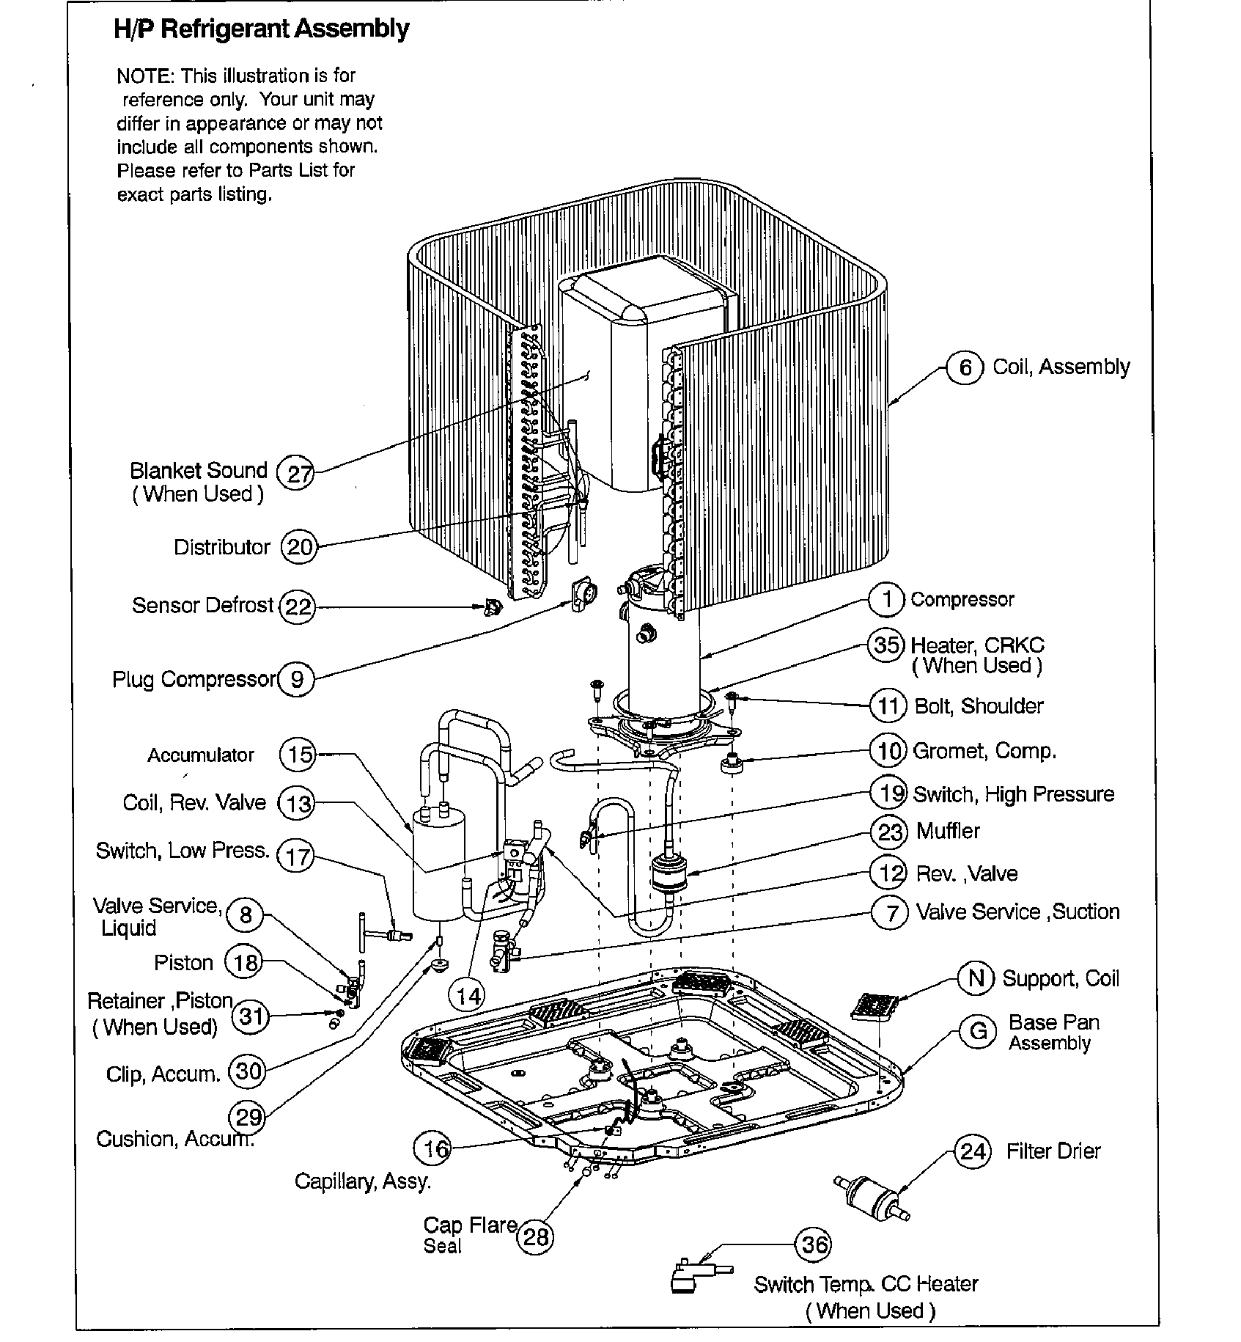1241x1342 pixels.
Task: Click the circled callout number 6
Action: pyautogui.click(x=965, y=367)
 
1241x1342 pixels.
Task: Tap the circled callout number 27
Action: pyautogui.click(x=298, y=474)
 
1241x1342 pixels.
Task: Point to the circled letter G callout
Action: pyautogui.click(x=977, y=1031)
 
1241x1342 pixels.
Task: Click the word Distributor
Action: pyautogui.click(x=221, y=547)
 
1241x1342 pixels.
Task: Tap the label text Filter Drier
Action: pyautogui.click(x=1053, y=1151)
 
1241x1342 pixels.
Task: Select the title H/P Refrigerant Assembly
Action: pyautogui.click(x=261, y=29)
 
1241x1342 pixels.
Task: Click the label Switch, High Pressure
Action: pyautogui.click(x=1013, y=794)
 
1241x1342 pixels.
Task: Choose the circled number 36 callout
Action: pyautogui.click(x=814, y=1244)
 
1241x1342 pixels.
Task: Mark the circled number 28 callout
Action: pyautogui.click(x=536, y=1237)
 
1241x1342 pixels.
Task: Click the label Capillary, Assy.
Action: pyautogui.click(x=362, y=1181)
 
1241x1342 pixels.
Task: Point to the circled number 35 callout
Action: pyautogui.click(x=886, y=645)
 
